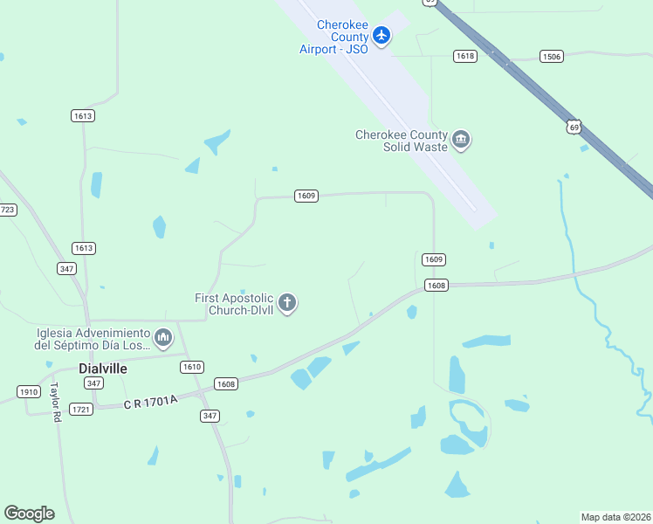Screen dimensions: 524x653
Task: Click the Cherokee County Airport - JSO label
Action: click(x=333, y=36)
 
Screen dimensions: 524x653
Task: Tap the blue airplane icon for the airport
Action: click(x=381, y=36)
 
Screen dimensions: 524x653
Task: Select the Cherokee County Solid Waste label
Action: click(x=402, y=140)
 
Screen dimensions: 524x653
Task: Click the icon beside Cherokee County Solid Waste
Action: click(x=462, y=140)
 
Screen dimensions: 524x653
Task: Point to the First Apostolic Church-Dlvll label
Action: click(x=234, y=303)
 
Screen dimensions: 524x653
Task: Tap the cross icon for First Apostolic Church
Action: click(x=287, y=303)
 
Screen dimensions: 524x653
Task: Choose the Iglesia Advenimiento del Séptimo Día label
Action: click(x=93, y=338)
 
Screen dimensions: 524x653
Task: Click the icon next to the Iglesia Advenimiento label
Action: click(x=163, y=337)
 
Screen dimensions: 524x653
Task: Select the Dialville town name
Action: click(x=103, y=369)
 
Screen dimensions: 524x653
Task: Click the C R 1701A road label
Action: click(x=150, y=401)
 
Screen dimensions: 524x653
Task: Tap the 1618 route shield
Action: click(x=465, y=56)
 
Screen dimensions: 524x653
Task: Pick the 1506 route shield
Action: click(x=552, y=56)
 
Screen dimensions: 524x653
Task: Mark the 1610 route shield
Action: click(x=192, y=366)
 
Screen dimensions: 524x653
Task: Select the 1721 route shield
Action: click(x=82, y=409)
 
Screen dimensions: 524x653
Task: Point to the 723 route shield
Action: click(x=7, y=210)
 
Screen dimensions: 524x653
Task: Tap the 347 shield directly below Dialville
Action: click(x=94, y=383)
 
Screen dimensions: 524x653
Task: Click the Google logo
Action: click(x=29, y=514)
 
